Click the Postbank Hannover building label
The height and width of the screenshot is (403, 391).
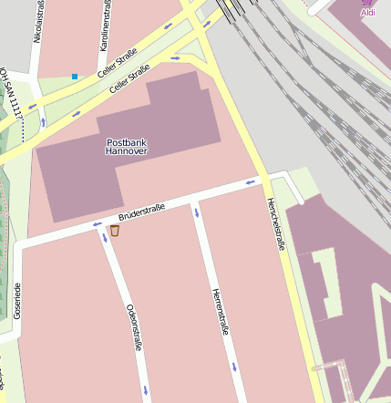coord(127,148)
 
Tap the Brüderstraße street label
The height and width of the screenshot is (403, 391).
coord(141,214)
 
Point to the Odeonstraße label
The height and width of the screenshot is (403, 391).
coord(134,326)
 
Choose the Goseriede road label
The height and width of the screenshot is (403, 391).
coord(17,300)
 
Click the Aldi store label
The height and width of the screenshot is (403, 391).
coord(368,13)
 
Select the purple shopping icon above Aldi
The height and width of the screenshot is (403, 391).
coord(368,3)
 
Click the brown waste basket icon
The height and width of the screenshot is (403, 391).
coord(114,231)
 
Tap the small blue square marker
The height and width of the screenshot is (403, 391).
coord(75,77)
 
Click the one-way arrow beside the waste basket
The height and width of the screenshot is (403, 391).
coord(98,223)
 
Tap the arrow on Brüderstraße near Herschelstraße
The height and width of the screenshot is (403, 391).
coord(251,182)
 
